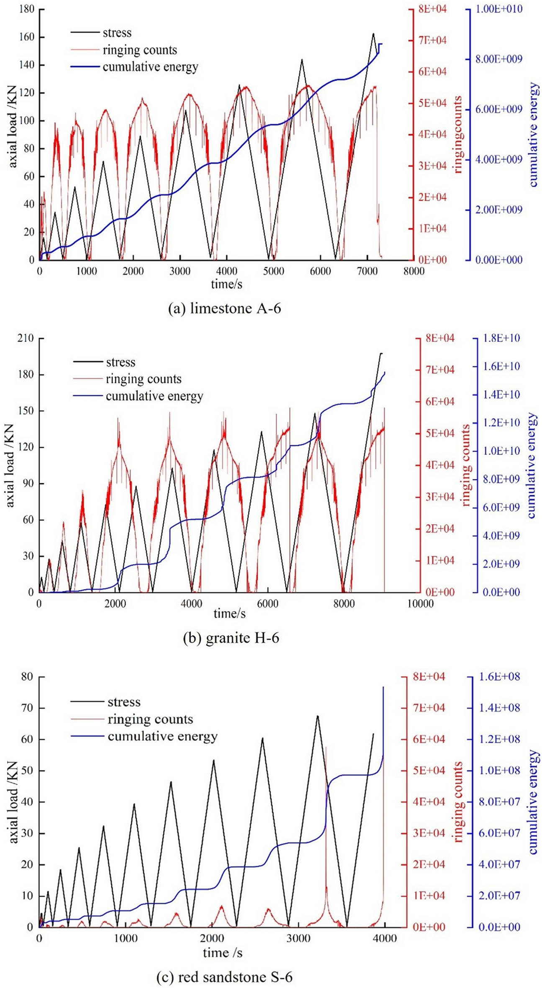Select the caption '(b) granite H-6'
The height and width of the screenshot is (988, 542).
click(231, 638)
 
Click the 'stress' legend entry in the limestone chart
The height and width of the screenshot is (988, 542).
click(117, 33)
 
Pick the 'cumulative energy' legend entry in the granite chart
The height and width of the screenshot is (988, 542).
click(154, 396)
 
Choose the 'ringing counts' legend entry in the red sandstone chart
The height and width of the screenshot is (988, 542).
click(150, 719)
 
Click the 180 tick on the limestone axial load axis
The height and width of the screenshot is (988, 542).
click(26, 9)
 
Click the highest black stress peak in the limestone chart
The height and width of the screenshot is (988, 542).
click(373, 33)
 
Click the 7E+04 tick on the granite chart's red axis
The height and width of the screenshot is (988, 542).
click(439, 370)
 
